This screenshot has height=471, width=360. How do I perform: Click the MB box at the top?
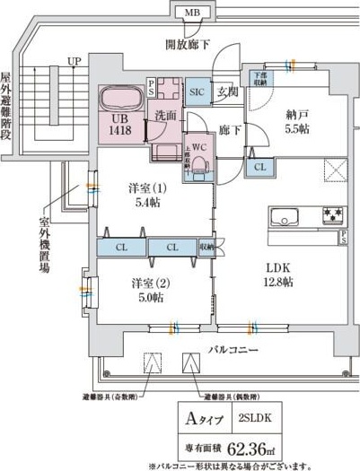tap(192, 13)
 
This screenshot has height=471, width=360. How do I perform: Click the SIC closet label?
tap(198, 92)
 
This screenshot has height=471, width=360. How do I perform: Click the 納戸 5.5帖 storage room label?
tap(299, 121)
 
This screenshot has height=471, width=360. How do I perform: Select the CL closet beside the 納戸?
tap(259, 166)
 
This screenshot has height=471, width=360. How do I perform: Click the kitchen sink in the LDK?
tap(285, 217)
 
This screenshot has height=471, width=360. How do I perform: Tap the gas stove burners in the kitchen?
tap(334, 216)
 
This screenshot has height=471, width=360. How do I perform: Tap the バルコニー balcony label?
tap(232, 347)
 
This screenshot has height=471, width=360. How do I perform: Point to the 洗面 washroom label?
tap(163, 115)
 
